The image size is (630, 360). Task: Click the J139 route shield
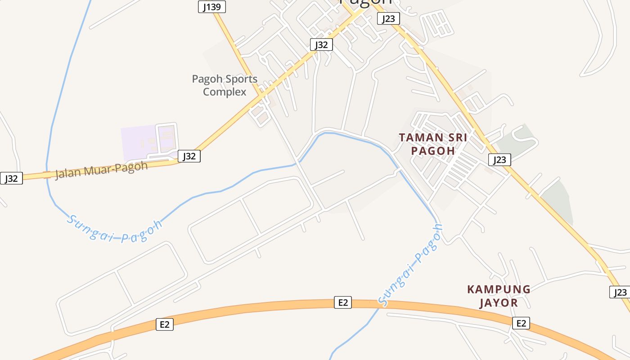(x=211, y=7)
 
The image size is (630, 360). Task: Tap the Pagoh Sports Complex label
(x=225, y=85)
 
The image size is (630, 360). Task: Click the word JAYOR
(x=498, y=303)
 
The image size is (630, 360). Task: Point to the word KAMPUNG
(x=499, y=289)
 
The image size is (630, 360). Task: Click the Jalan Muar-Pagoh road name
(x=101, y=170)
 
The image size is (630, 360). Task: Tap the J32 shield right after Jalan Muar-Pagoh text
(x=189, y=156)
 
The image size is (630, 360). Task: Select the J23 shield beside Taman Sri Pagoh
(x=499, y=160)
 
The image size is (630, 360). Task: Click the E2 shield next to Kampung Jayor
(x=521, y=323)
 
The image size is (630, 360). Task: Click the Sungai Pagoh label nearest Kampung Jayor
(x=411, y=265)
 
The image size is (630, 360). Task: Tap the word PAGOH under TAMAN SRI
(x=433, y=151)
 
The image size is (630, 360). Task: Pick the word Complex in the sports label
(x=225, y=92)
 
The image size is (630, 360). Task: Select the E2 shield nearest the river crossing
(x=343, y=302)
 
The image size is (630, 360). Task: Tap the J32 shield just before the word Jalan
(x=11, y=178)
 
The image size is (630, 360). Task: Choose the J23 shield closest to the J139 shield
(x=388, y=18)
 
